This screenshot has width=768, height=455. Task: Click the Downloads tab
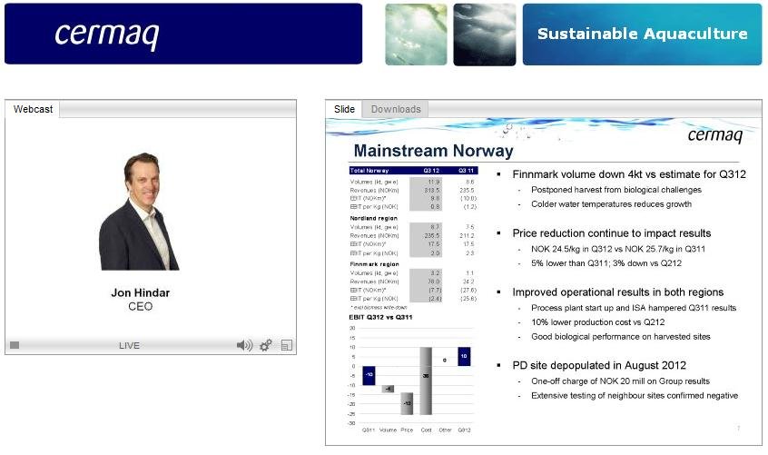pyautogui.click(x=396, y=109)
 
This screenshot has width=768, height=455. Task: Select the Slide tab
pyautogui.click(x=345, y=109)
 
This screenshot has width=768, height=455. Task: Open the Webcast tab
pyautogui.click(x=33, y=109)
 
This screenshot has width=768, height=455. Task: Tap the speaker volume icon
pyautogui.click(x=244, y=345)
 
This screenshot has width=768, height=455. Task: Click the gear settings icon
pyautogui.click(x=266, y=345)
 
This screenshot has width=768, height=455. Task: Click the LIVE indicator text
pyautogui.click(x=129, y=346)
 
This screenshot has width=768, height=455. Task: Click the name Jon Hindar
pyautogui.click(x=141, y=293)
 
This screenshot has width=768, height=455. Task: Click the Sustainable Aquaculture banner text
pyautogui.click(x=642, y=35)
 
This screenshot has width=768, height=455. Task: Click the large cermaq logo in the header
pyautogui.click(x=106, y=34)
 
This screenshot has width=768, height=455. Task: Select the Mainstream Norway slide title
pyautogui.click(x=433, y=151)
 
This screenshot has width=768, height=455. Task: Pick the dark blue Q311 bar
pyautogui.click(x=369, y=374)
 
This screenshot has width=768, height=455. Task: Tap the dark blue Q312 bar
pyautogui.click(x=464, y=356)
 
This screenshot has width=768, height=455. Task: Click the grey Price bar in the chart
pyautogui.click(x=407, y=401)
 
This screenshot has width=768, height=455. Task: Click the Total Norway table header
pyautogui.click(x=369, y=171)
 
